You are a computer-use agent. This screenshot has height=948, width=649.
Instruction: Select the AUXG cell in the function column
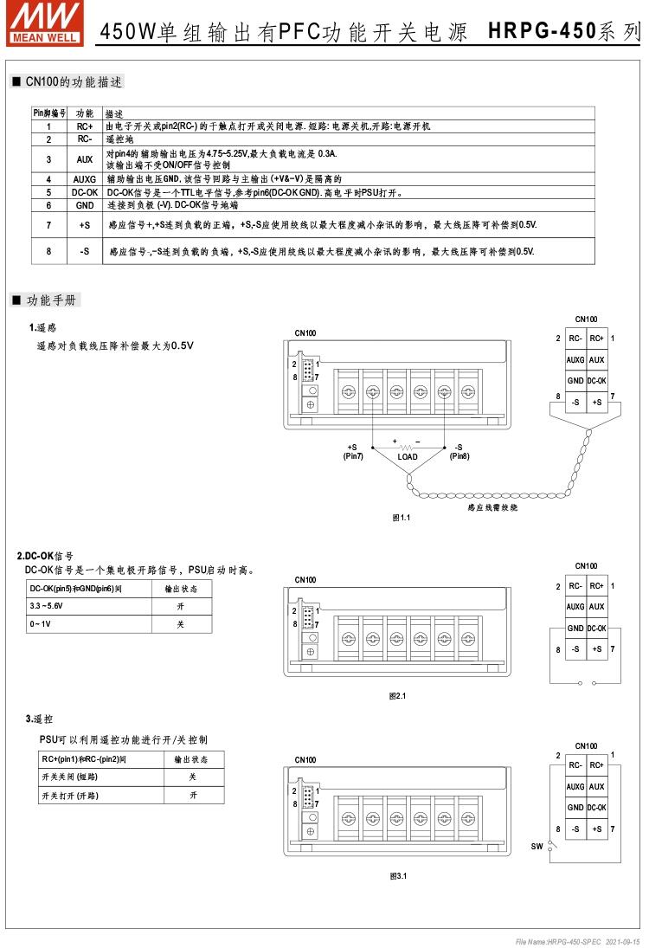(84, 179)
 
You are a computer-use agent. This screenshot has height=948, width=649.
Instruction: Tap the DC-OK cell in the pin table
(84, 192)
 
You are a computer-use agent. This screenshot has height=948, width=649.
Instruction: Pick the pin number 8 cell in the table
(49, 251)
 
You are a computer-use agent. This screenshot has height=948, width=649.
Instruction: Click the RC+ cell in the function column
(84, 126)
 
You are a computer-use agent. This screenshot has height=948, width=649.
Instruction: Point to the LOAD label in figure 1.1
(407, 457)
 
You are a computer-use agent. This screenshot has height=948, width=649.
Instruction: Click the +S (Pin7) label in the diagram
(353, 452)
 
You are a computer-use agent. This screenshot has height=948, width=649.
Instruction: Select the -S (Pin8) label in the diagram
(459, 452)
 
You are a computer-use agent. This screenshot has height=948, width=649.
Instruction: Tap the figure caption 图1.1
(401, 517)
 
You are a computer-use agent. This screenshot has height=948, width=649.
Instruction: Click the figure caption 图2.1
(398, 695)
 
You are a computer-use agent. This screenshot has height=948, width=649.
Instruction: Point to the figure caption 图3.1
(398, 876)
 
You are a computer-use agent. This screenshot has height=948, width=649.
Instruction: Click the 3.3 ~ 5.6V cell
(47, 607)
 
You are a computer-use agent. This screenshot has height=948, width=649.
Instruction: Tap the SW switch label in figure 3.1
(537, 846)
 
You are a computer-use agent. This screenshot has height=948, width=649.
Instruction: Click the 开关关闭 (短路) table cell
(69, 777)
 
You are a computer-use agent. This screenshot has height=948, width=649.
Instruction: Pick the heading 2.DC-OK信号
(45, 556)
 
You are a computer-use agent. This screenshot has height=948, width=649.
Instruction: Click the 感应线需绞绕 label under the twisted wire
(492, 507)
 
